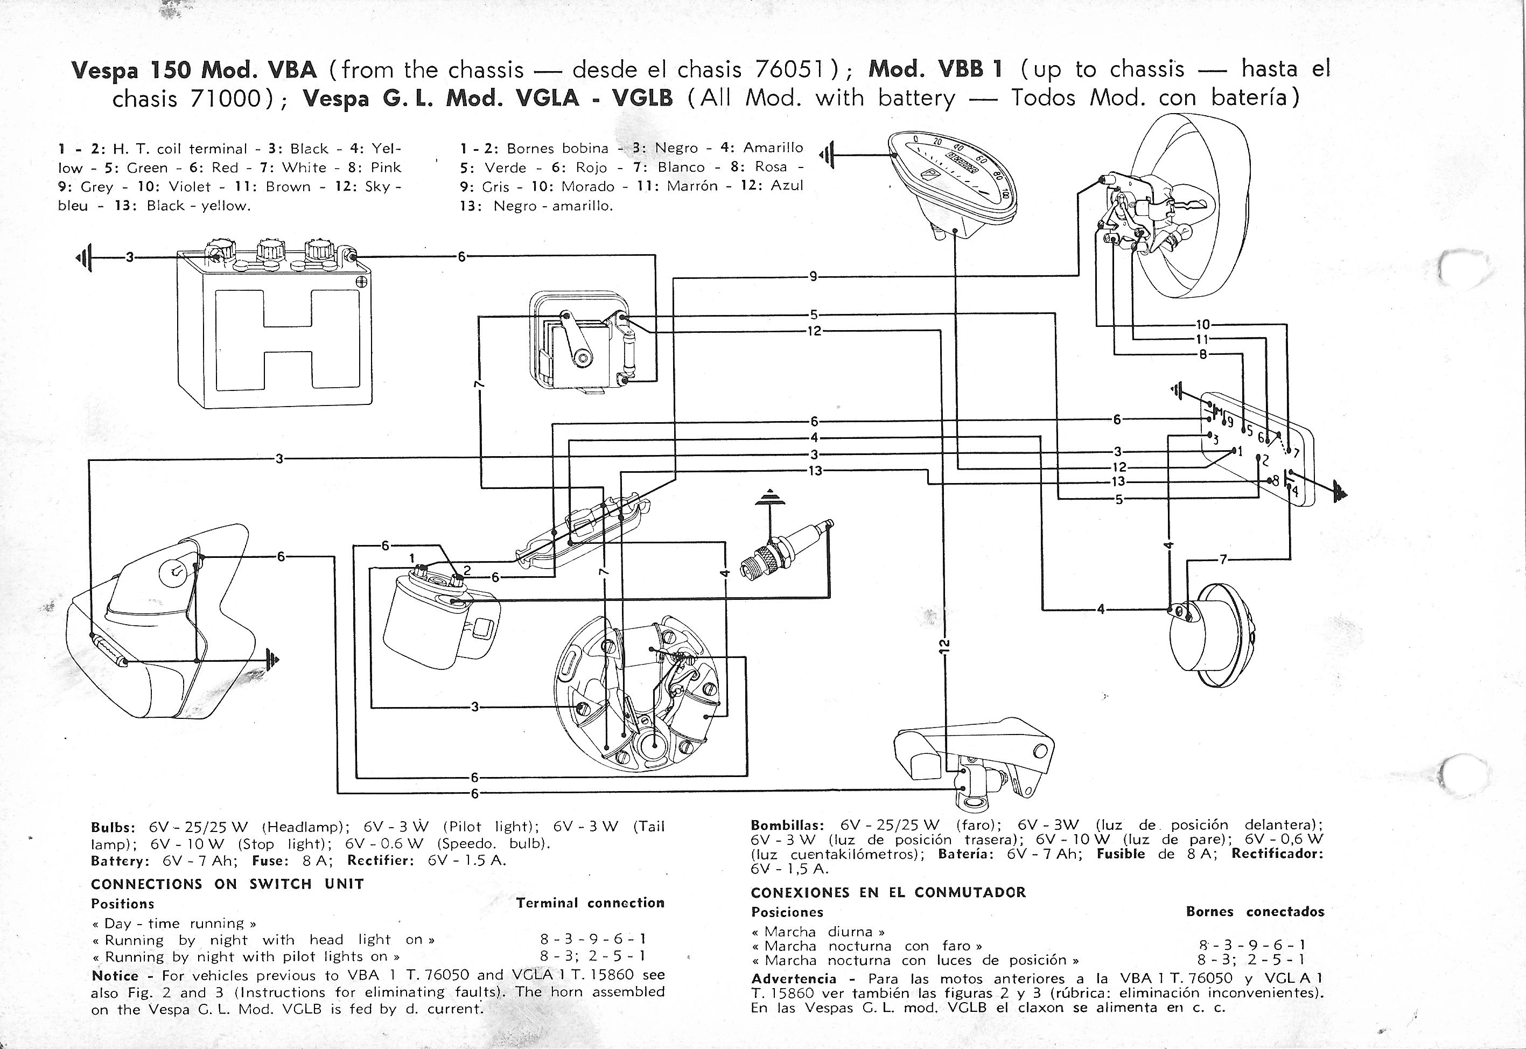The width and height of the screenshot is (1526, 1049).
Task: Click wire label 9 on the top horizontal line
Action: pyautogui.click(x=814, y=277)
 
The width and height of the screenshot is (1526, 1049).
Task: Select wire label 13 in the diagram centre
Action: pyautogui.click(x=815, y=471)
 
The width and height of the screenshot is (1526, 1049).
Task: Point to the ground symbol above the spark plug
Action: pyautogui.click(x=769, y=498)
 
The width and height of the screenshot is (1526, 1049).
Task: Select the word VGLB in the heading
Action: pyautogui.click(x=643, y=98)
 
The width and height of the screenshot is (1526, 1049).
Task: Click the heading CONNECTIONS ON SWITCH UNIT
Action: pyautogui.click(x=227, y=884)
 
